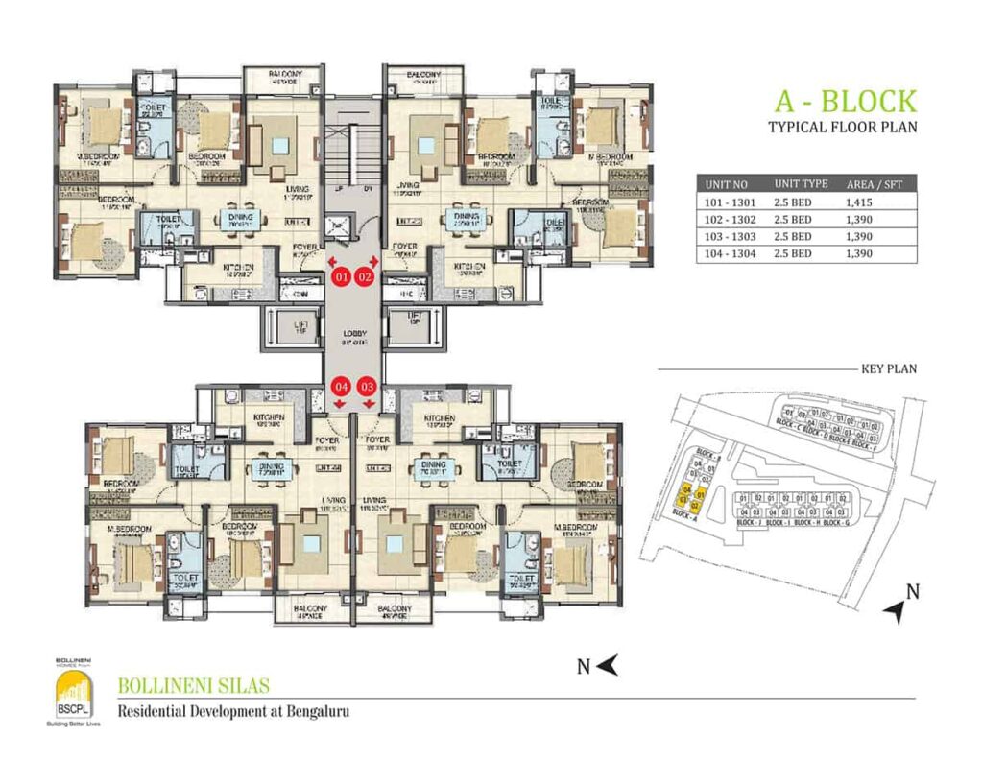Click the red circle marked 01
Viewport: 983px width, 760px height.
[x=340, y=277]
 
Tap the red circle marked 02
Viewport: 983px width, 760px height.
[x=364, y=277]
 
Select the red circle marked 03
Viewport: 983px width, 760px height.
[x=366, y=387]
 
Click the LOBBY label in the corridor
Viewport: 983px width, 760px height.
[x=352, y=336]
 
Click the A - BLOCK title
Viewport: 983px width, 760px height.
[x=845, y=102]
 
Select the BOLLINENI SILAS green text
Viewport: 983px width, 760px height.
[x=193, y=686]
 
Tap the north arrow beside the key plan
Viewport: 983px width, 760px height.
[x=898, y=606]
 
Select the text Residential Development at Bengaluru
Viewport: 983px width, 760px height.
[x=231, y=712]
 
